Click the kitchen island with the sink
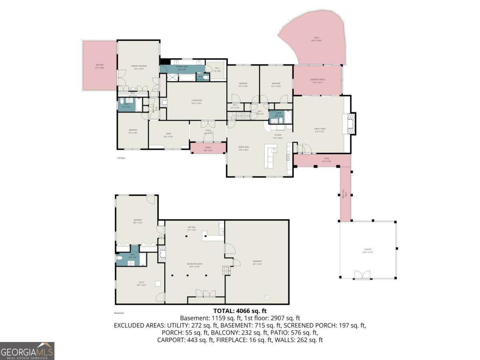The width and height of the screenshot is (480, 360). (270, 156)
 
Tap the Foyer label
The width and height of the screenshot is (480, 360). (208, 132)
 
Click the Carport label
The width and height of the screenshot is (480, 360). (368, 250)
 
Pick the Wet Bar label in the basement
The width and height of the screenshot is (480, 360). (192, 228)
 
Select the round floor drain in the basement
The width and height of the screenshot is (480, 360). (267, 297)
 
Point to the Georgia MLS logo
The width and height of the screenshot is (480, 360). (27, 351)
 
